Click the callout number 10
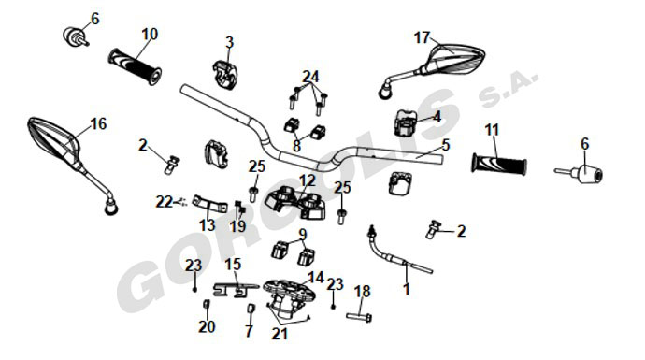(x=150, y=35)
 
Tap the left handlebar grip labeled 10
(x=135, y=66)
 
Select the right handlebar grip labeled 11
(x=499, y=164)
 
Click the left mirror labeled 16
(x=70, y=161)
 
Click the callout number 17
(x=422, y=37)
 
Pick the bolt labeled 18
(x=359, y=317)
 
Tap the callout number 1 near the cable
(x=407, y=289)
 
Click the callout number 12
(x=308, y=180)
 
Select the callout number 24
(x=310, y=77)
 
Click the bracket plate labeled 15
(x=236, y=290)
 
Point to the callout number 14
(x=316, y=278)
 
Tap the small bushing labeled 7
(x=251, y=309)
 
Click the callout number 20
(x=207, y=326)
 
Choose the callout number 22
(x=165, y=202)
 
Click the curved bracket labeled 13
(x=209, y=204)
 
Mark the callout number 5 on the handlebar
(x=446, y=145)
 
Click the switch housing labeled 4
(x=405, y=122)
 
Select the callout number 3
(x=229, y=42)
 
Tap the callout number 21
(x=279, y=334)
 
